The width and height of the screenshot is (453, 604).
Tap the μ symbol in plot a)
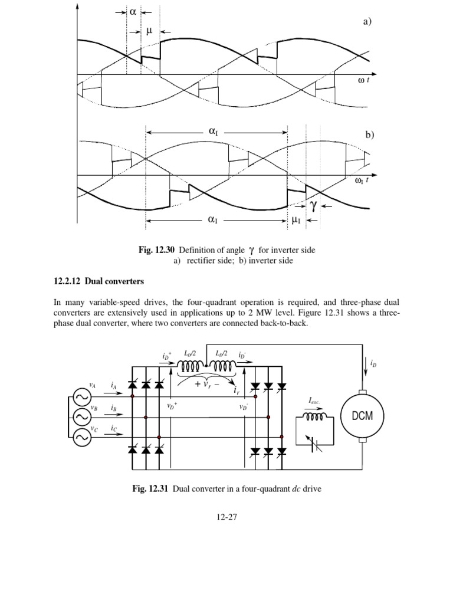[x=149, y=31]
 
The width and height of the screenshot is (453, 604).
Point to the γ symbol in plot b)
[x=313, y=205]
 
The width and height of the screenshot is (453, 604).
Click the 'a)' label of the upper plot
[x=367, y=22]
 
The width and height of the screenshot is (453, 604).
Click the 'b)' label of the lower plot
[x=370, y=134]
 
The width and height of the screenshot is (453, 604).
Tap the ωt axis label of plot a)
[x=364, y=80]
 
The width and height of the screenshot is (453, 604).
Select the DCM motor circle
[x=362, y=415]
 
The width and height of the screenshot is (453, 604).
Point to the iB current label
[x=113, y=408]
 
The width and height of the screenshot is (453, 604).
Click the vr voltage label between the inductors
[x=206, y=385]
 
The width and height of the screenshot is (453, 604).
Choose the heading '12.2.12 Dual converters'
[x=99, y=281]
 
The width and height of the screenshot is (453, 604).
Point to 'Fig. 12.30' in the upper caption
[x=156, y=250]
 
